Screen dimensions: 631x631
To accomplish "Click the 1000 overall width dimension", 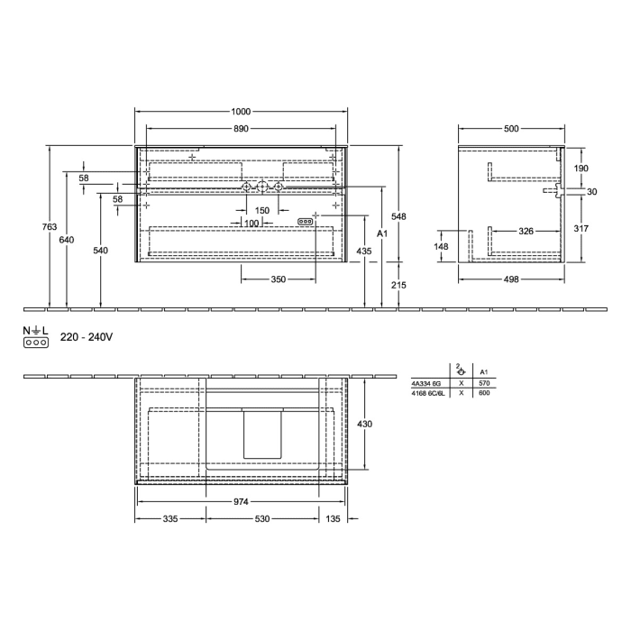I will click(241, 111).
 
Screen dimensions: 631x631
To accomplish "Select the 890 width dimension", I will click(241, 129).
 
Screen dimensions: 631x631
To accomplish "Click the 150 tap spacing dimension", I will click(261, 210).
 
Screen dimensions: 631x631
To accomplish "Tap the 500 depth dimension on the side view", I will click(511, 129).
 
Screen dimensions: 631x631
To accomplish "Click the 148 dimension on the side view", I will click(442, 246).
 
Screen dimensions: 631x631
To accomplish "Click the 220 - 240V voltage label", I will click(86, 337).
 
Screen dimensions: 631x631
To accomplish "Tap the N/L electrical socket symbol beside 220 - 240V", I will click(35, 338).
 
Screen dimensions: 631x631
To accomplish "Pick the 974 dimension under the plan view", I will click(241, 501).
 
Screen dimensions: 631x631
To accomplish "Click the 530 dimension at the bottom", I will click(262, 519).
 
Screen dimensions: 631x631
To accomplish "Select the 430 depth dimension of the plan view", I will click(363, 424).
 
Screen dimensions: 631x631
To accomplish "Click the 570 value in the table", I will click(484, 383).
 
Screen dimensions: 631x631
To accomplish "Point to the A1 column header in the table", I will click(484, 371).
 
